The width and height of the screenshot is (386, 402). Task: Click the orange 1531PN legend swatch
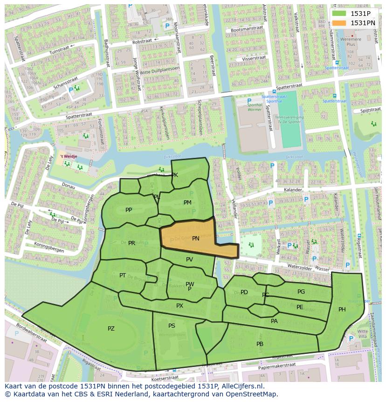click(339, 23)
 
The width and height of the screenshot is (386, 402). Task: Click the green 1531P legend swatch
click(339, 14)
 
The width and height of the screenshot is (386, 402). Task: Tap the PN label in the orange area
click(196, 239)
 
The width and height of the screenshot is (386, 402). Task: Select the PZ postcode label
click(111, 329)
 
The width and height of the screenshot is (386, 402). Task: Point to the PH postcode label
click(342, 310)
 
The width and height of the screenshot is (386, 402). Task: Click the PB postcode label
click(260, 344)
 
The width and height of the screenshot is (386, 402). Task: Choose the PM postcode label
click(187, 203)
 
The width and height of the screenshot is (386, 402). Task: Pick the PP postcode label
click(129, 210)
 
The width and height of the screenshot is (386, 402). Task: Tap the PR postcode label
click(131, 243)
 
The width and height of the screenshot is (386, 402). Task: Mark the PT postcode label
click(123, 275)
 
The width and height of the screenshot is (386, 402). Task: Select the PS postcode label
click(172, 326)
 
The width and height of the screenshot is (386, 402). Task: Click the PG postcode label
click(301, 292)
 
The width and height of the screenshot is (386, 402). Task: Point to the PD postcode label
click(244, 293)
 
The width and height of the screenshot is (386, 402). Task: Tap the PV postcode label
click(189, 260)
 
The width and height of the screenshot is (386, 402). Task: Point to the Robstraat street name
click(144, 42)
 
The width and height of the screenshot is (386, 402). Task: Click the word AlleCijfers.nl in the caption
click(242, 387)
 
